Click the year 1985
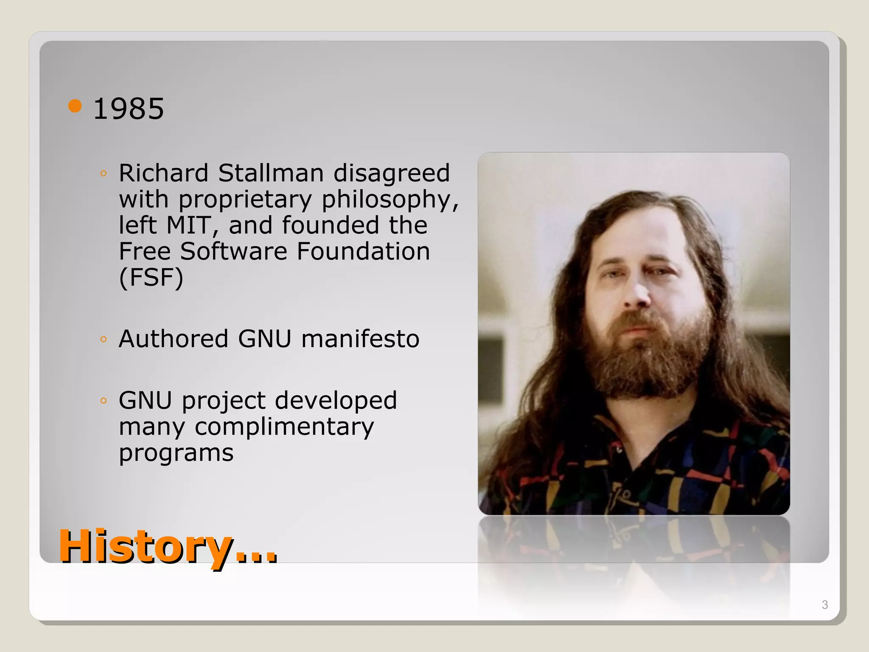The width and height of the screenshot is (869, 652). (128, 109)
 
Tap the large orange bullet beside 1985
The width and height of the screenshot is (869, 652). (75, 106)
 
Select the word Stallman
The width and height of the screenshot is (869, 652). (271, 173)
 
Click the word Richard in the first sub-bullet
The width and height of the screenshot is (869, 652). (163, 173)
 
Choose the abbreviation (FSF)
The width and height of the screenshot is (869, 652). (151, 278)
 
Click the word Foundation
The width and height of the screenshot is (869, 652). (363, 251)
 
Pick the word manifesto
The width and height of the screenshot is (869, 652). (360, 339)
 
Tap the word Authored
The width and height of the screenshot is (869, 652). (174, 339)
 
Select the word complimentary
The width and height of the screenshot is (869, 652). (284, 427)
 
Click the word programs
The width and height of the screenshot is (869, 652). (176, 453)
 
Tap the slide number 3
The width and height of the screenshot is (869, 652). (824, 605)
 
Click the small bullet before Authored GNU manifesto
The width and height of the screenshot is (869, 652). (103, 339)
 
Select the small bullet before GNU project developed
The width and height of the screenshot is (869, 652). (103, 401)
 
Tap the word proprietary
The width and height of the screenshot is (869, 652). (245, 200)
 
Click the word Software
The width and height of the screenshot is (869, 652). (234, 251)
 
